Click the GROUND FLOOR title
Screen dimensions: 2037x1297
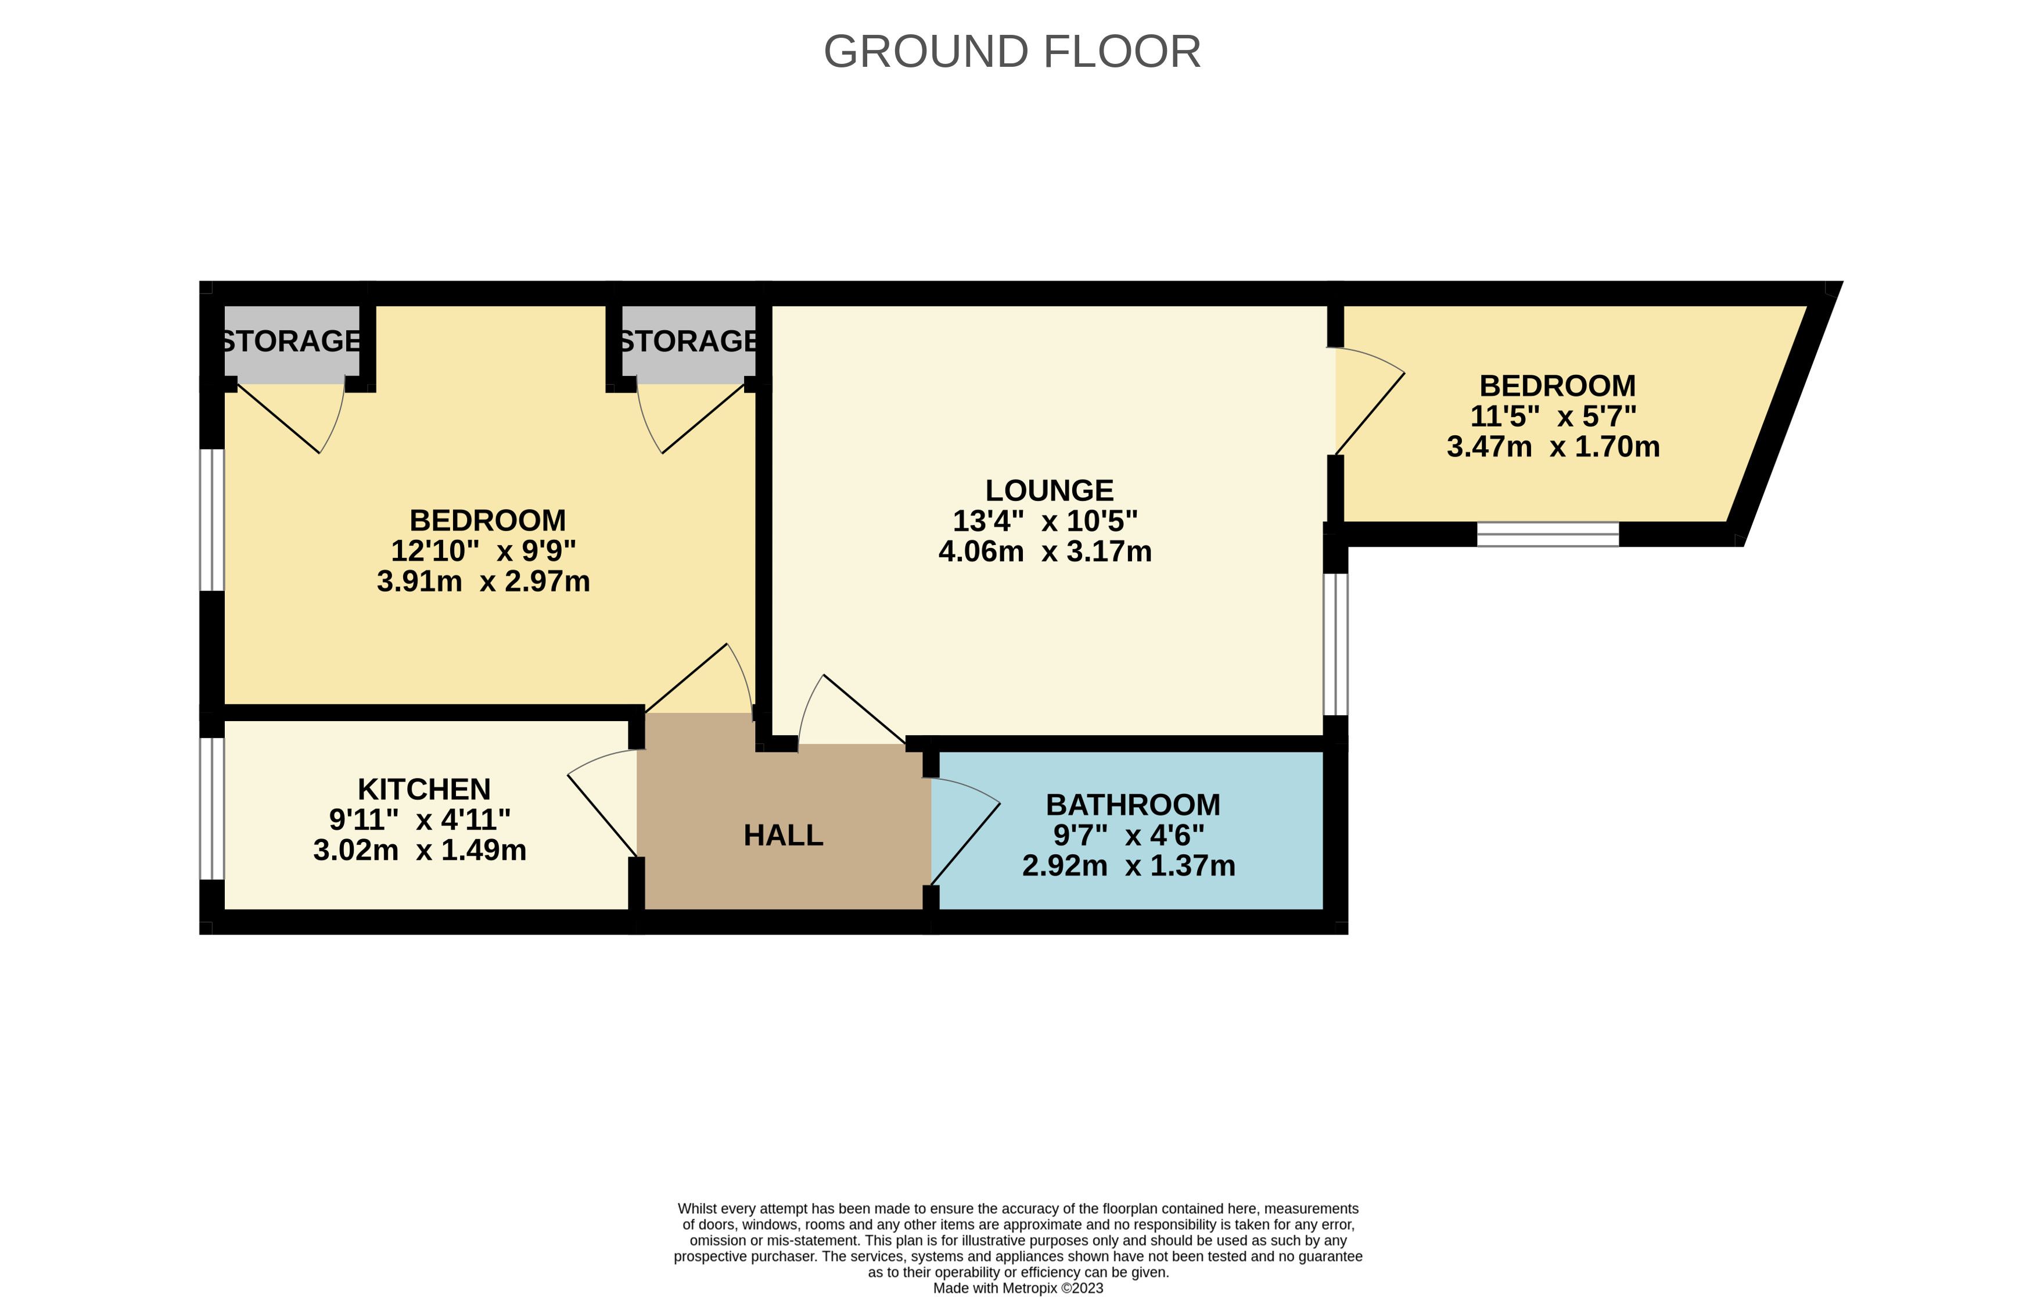(x=1012, y=52)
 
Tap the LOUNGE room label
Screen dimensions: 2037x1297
(x=1049, y=490)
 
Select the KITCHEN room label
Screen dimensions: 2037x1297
(x=424, y=789)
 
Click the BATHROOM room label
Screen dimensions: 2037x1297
(x=1133, y=805)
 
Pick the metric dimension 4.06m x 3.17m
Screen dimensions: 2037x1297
(x=1045, y=551)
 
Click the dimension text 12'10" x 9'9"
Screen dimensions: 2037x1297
(x=483, y=551)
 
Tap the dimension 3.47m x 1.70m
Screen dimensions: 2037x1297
(x=1553, y=447)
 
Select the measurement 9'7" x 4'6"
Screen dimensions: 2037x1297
(x=1129, y=835)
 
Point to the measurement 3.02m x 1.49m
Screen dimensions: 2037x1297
(x=419, y=850)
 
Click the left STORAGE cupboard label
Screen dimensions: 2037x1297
(x=291, y=341)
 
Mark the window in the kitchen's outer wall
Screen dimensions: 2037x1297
(x=211, y=809)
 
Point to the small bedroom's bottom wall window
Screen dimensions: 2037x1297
(x=1548, y=535)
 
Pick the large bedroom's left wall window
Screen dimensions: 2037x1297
(x=211, y=519)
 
